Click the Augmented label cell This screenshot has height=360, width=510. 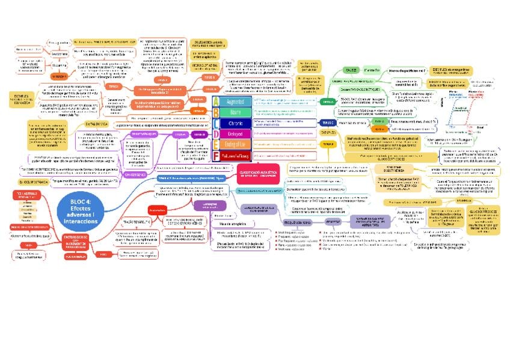point(231,102)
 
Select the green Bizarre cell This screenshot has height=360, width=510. point(231,112)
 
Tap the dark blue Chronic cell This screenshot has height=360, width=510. point(231,123)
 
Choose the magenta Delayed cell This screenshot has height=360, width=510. point(231,134)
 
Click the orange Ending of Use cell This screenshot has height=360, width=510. point(231,145)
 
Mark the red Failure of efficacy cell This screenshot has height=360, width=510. point(231,155)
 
